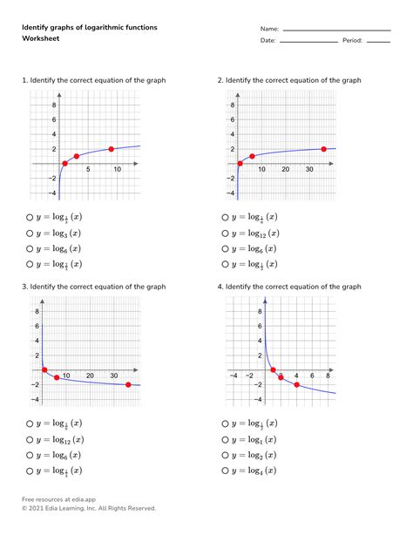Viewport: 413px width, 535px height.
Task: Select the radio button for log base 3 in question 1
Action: tap(30, 233)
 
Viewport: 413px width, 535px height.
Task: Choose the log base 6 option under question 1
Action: tap(30, 248)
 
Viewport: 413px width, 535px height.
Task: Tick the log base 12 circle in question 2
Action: tap(226, 233)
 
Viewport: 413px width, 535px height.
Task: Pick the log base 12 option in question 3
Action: tap(30, 439)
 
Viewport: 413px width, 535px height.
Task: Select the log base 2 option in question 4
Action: tap(226, 455)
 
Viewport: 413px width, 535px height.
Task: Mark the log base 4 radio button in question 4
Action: tap(226, 471)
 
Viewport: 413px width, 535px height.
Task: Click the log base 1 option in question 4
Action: tap(226, 439)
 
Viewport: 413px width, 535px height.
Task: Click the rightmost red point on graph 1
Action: tap(111, 149)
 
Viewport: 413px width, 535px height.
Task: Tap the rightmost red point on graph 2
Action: tap(323, 149)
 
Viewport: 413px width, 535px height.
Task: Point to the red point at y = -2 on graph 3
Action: tap(128, 384)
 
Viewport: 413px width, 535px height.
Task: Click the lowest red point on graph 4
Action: tap(296, 384)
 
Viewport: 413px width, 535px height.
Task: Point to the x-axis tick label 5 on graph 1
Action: tap(88, 169)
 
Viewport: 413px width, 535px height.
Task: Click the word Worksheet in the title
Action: tap(40, 40)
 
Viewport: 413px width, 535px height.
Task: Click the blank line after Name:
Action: tap(336, 30)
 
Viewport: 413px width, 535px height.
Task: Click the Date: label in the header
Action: tap(267, 40)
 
